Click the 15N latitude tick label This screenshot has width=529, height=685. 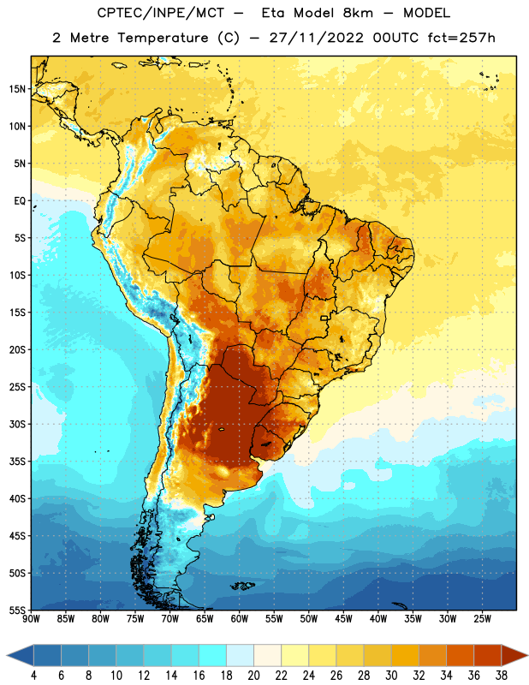click(x=17, y=89)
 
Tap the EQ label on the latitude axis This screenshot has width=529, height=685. click(x=20, y=201)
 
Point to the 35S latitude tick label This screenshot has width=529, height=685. click(x=17, y=462)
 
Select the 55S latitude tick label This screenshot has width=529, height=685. click(x=17, y=610)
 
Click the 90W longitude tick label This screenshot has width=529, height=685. click(x=31, y=619)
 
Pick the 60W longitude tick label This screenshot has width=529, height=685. click(x=240, y=619)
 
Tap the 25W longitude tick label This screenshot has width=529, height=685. click(x=482, y=619)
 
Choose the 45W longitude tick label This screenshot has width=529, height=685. click(x=343, y=619)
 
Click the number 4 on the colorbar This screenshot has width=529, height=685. click(x=33, y=676)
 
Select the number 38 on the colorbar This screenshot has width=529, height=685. click(x=501, y=676)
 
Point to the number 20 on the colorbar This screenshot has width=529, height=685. click(x=253, y=676)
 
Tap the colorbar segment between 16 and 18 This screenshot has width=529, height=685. click(x=212, y=656)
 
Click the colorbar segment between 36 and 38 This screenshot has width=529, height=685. click(x=488, y=656)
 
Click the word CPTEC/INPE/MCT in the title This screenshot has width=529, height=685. click(x=160, y=13)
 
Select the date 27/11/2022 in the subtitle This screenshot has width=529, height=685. click(x=316, y=38)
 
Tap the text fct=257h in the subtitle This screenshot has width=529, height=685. click(x=461, y=38)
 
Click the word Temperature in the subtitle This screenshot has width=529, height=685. click(x=163, y=38)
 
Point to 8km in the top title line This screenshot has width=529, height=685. click(x=358, y=13)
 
